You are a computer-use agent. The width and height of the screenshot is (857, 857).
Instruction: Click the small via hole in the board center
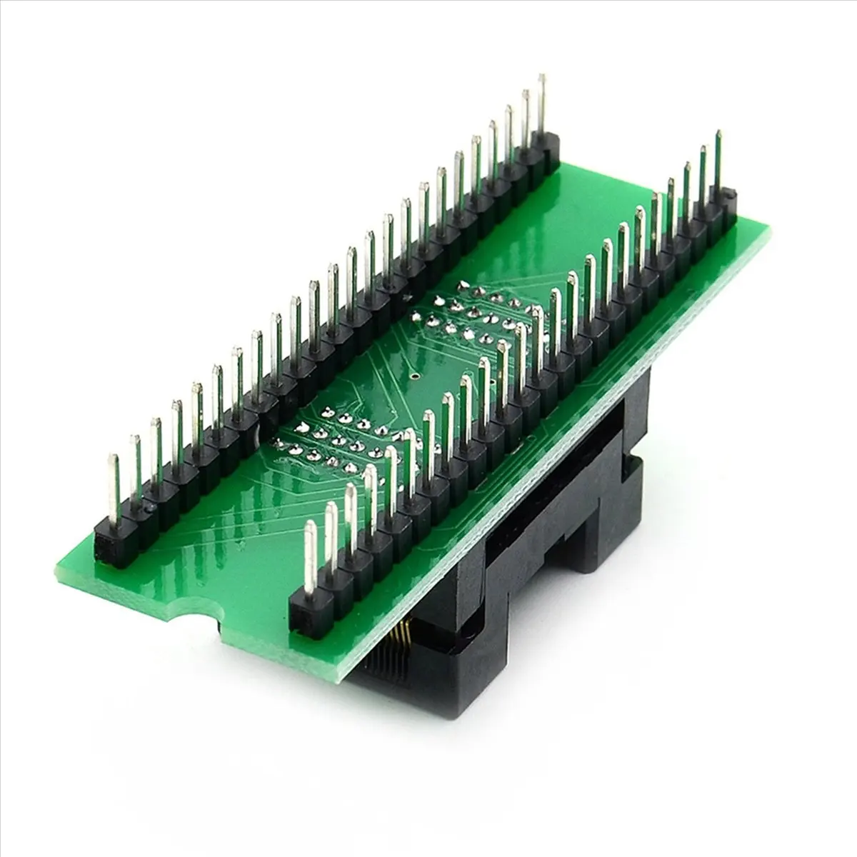415,374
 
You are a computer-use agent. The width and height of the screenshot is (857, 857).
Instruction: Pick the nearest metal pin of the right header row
310,557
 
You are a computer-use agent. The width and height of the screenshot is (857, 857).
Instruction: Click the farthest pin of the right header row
718,161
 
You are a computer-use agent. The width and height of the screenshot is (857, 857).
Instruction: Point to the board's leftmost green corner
59,571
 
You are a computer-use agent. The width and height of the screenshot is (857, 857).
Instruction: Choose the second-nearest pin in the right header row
331,539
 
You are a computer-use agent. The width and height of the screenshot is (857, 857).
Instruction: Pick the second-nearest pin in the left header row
134,471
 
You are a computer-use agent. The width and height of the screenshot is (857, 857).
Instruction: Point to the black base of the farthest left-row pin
548,154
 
